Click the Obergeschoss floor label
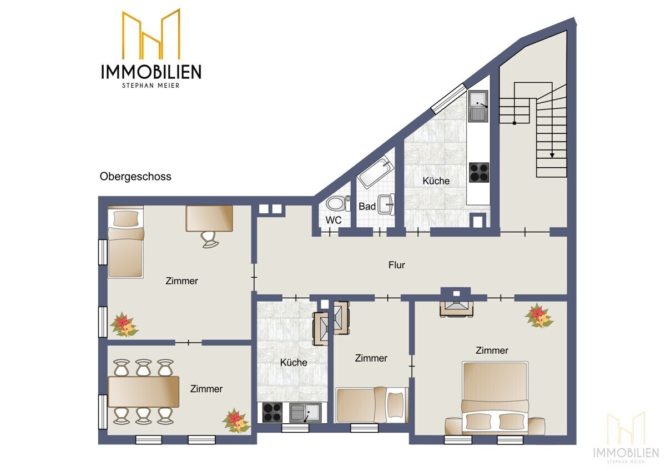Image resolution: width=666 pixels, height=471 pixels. [x=135, y=177]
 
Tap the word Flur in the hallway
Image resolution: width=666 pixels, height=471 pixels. [x=396, y=265]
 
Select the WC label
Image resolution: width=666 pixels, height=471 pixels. [x=333, y=220]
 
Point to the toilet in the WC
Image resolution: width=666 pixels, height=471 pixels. [x=338, y=203]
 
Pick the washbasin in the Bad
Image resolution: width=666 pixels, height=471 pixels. [x=387, y=204]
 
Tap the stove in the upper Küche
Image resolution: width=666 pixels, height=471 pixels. [x=478, y=172]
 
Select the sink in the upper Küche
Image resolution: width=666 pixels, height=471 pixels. [x=478, y=106]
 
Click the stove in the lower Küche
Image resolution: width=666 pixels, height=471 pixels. [x=272, y=412]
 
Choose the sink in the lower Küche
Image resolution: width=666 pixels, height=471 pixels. [x=304, y=413]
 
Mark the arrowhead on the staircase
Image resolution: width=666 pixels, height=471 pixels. [x=552, y=156]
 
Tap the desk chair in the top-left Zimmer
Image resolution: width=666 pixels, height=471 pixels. [x=209, y=239]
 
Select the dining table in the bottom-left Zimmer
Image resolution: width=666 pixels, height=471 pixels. [x=144, y=392]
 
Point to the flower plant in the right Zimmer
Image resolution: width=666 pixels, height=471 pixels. [x=538, y=315]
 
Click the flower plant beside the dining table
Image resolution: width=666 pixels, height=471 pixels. [x=236, y=420]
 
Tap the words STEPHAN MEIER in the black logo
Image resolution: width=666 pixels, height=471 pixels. [x=151, y=85]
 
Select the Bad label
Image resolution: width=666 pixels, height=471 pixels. [x=367, y=207]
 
